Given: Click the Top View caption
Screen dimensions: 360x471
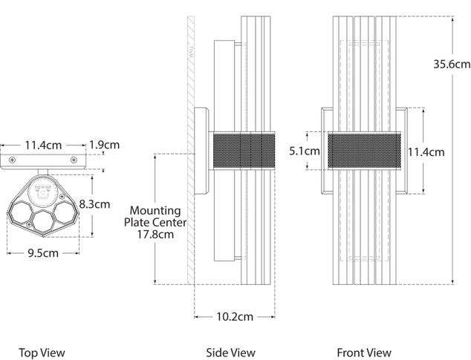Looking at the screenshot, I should coord(42,353).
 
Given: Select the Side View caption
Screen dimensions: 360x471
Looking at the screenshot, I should coord(230,353).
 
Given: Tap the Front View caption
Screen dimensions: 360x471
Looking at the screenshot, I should coord(364,353).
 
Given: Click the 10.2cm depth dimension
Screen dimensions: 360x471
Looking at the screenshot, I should coord(234,316).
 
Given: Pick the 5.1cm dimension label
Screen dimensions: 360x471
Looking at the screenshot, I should coord(304,151).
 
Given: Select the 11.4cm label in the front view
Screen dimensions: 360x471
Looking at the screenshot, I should coord(426,152).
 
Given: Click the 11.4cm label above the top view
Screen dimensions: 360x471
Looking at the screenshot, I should coord(42,145).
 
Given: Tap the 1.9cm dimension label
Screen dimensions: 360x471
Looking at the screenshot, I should coord(103,145).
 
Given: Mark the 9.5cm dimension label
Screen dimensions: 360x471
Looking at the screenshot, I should coord(43,252).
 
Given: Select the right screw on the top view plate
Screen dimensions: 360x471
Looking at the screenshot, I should coord(72,160).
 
